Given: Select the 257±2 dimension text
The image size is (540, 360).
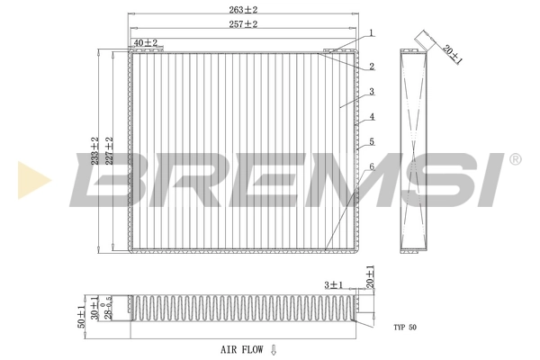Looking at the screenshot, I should click(x=243, y=24).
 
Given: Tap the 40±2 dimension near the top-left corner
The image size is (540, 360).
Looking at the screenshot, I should click(x=145, y=42).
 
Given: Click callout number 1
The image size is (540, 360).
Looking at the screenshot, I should click(x=370, y=33).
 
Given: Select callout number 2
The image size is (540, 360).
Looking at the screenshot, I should click(x=370, y=67).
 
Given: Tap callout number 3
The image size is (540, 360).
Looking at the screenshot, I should click(x=370, y=92).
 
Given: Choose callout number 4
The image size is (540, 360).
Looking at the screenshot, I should click(x=370, y=117).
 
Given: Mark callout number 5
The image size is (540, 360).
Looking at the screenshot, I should click(x=370, y=142).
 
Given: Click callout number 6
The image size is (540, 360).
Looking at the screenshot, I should click(x=370, y=167).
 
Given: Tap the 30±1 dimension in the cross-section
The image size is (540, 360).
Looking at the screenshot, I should click(x=94, y=307).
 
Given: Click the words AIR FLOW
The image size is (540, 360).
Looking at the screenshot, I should click(x=241, y=349).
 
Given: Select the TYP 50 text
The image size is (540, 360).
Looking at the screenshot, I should click(x=405, y=327).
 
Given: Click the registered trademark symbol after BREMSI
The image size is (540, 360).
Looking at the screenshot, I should click(x=515, y=159).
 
